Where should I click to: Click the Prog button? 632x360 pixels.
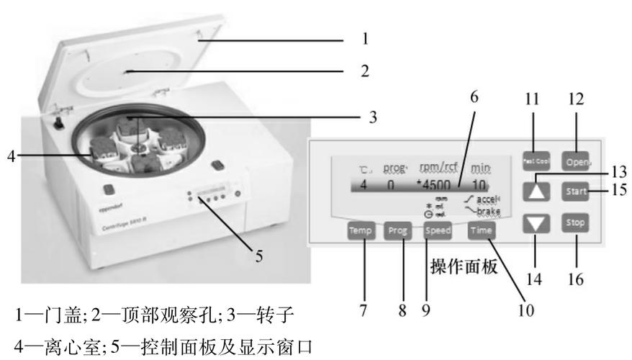point(397,232)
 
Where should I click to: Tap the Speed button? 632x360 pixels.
point(437,232)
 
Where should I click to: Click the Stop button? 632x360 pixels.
point(576,222)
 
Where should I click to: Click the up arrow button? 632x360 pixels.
point(536,191)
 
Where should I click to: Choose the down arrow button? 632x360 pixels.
point(536,224)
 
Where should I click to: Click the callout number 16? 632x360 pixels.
point(576,280)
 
